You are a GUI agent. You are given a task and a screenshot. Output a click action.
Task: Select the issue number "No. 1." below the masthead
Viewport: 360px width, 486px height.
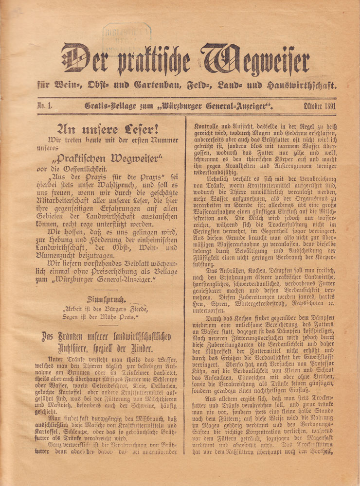[46, 106]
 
